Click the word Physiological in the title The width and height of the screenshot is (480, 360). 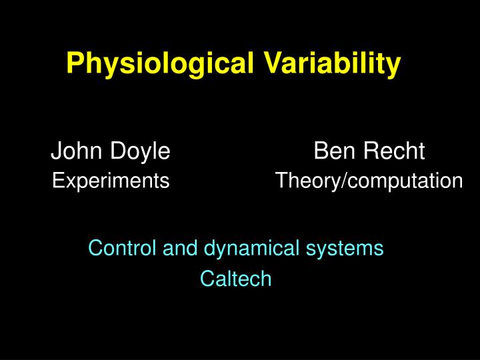[x=158, y=64]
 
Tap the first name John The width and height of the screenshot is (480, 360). [x=71, y=152]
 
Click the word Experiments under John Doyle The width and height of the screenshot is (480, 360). [x=111, y=181]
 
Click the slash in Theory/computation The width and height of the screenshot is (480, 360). [x=343, y=181]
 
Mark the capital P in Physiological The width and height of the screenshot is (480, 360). [x=74, y=64]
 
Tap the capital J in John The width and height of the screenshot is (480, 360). [x=56, y=152]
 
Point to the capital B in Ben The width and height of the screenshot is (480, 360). [x=321, y=152]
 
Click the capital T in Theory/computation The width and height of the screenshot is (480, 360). [x=281, y=181]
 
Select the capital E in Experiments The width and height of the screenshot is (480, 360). [x=57, y=181]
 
